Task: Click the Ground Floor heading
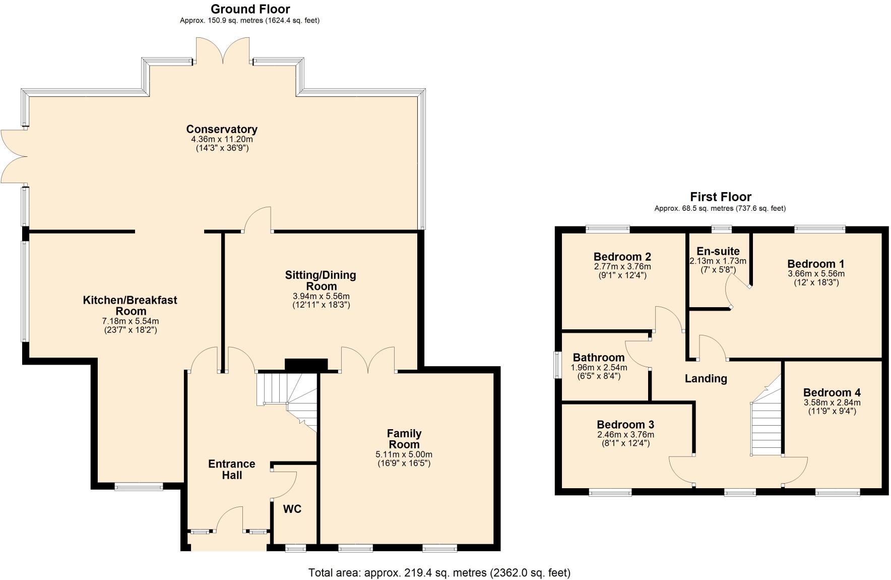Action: pos(250,9)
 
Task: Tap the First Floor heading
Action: pos(720,197)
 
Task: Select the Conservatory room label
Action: pos(222,129)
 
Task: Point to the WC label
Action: pos(292,509)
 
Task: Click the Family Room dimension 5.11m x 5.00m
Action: pos(404,454)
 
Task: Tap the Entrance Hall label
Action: pos(232,469)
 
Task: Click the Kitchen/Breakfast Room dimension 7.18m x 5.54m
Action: pos(130,321)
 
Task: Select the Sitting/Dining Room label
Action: pos(321,280)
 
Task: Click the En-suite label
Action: pos(718,251)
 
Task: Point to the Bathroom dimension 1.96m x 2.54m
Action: pos(599,368)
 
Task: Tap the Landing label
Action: pos(706,378)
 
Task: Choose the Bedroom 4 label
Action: pos(832,392)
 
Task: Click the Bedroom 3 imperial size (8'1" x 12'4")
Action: pos(625,443)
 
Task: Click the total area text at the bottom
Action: pos(439,572)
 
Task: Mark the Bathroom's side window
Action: pos(557,365)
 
